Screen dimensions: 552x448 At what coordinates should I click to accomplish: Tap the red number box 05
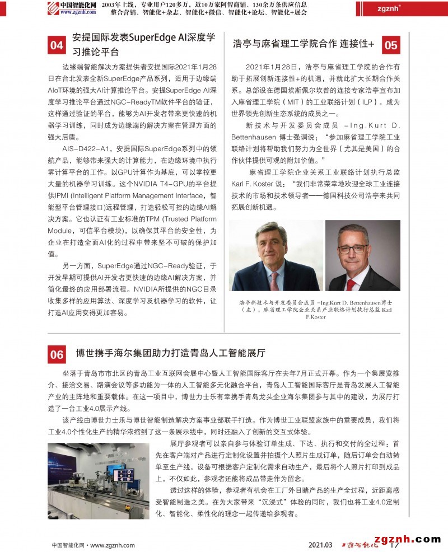(391, 45)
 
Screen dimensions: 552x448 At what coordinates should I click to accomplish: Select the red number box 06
(57, 354)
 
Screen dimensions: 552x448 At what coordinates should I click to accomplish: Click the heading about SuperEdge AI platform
(144, 45)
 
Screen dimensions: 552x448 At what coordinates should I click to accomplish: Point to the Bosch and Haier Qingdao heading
(170, 353)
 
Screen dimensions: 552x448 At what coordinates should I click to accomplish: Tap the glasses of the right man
(353, 248)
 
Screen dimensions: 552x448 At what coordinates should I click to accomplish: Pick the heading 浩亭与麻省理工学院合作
(302, 44)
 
